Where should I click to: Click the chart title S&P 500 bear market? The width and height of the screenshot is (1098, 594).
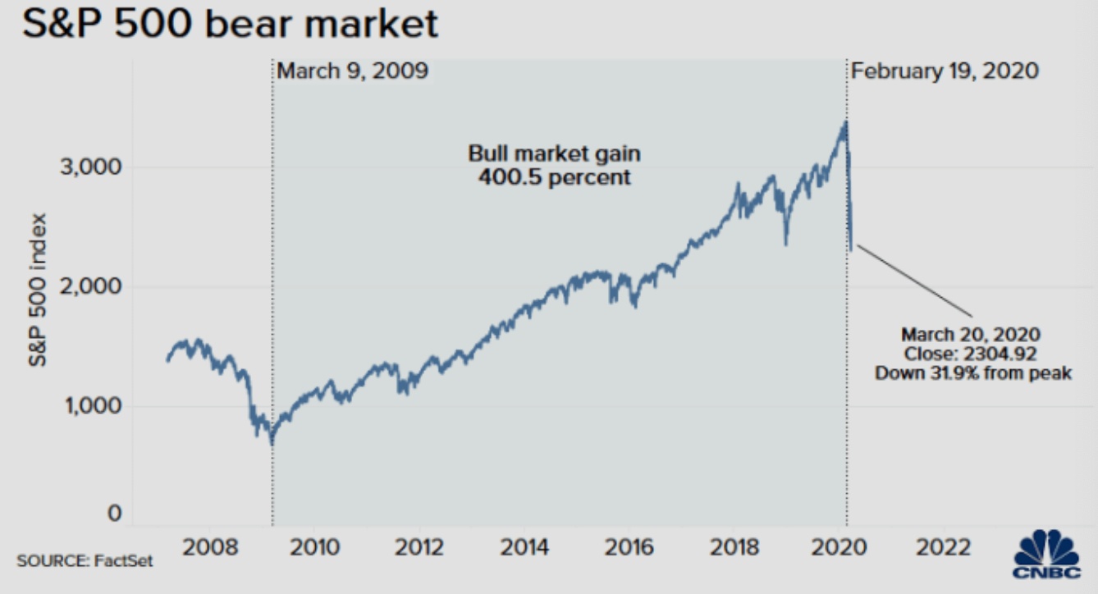pos(230,25)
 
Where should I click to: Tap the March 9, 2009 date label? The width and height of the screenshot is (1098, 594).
pos(352,71)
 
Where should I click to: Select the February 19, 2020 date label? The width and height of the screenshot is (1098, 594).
pos(945,71)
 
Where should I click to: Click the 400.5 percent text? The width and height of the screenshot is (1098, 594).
pos(556,176)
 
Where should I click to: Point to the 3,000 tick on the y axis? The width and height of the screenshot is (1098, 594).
pos(93,167)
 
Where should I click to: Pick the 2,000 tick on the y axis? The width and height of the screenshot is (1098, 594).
pos(93,286)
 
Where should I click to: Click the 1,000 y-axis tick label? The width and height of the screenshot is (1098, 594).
pos(93,405)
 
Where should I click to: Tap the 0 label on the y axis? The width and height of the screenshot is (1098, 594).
pos(115,514)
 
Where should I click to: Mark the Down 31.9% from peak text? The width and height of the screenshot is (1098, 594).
pos(972,373)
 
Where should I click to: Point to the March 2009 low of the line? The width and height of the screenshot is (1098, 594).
pos(272,443)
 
